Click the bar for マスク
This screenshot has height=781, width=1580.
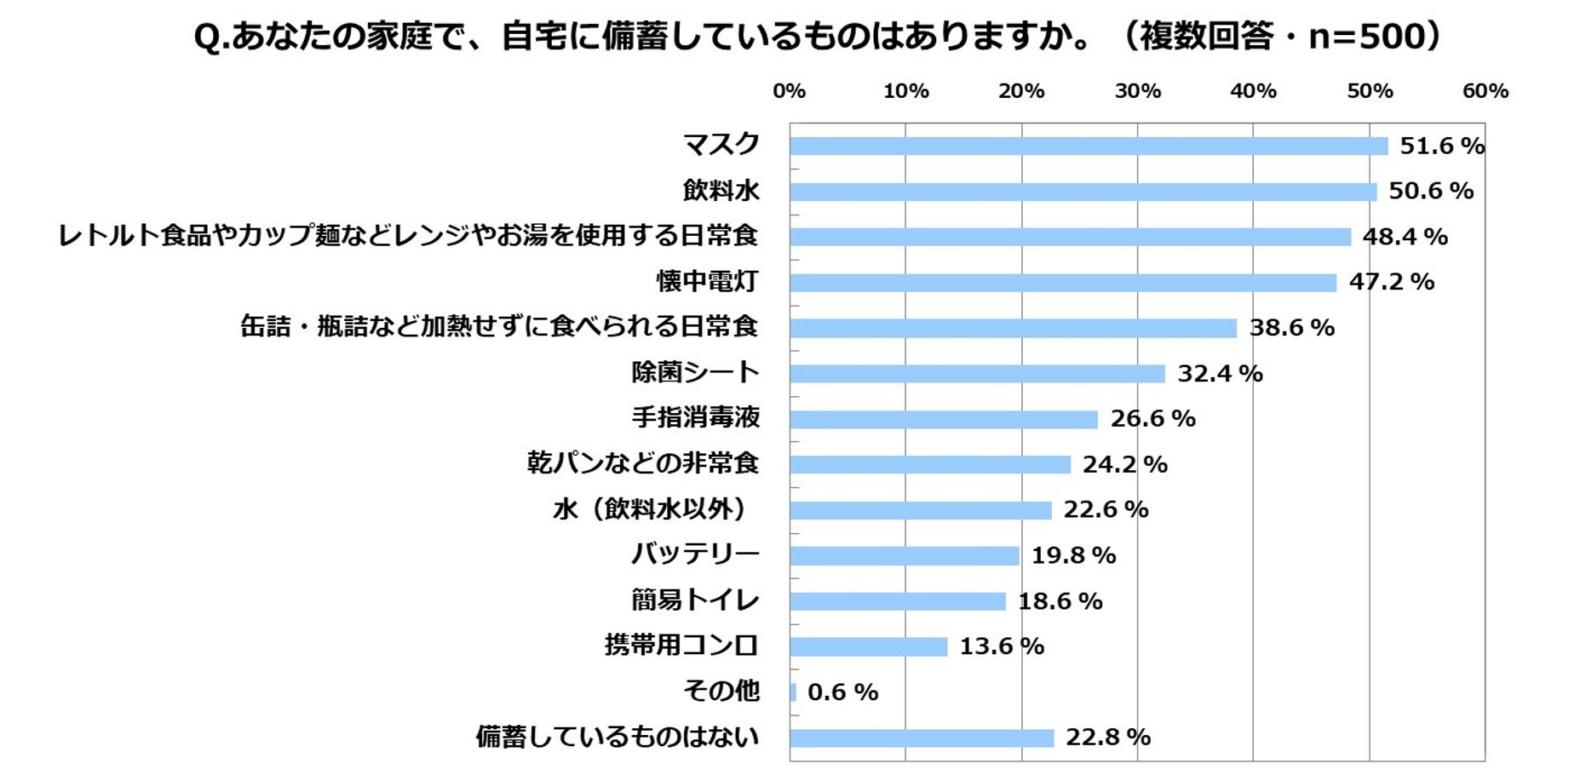(x=1088, y=146)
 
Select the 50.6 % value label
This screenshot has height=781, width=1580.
(x=1430, y=191)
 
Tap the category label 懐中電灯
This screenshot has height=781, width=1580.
(x=706, y=281)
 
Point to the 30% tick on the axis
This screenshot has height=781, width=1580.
(x=1137, y=91)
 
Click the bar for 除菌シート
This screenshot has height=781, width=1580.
(x=976, y=374)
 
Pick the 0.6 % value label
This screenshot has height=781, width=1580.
(x=842, y=692)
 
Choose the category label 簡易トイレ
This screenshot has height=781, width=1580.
(x=694, y=600)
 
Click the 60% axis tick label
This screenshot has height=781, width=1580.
(x=1485, y=91)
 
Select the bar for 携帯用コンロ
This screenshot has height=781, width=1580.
(x=868, y=647)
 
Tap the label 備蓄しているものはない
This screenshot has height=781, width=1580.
(x=617, y=737)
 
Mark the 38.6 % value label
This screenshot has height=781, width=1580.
(x=1291, y=328)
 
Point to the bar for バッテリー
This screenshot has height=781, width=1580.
(x=904, y=556)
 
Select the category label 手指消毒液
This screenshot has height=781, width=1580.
(x=695, y=417)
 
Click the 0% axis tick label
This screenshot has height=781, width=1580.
(x=789, y=91)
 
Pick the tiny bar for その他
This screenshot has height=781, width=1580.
(x=793, y=692)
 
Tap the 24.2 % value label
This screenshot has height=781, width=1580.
(x=1124, y=465)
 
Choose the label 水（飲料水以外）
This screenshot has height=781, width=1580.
(x=650, y=509)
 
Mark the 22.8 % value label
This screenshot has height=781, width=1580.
(x=1107, y=738)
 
